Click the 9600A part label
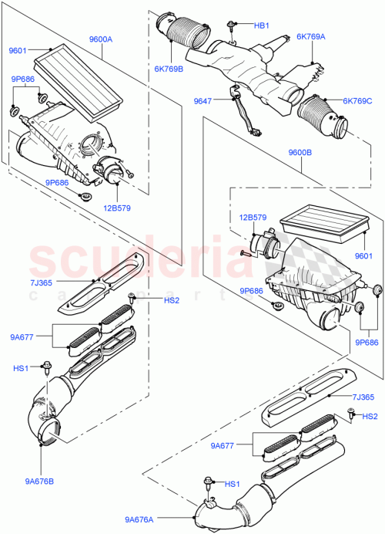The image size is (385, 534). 101,39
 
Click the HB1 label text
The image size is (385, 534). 262,25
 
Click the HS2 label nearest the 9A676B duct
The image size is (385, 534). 150,300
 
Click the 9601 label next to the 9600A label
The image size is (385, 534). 18,51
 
